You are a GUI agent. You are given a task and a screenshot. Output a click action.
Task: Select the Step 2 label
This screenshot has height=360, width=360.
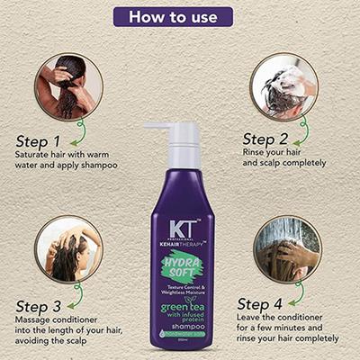point(267,139)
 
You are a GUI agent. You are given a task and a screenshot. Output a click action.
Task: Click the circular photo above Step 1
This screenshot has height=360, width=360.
point(68,86)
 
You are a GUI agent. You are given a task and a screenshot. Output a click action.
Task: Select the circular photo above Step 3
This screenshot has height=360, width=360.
point(68,248)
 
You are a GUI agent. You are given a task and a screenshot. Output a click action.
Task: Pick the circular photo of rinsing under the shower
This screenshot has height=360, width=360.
point(287,248)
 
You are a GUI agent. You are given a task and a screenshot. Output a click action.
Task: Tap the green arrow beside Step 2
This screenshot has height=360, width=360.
point(304,130)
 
